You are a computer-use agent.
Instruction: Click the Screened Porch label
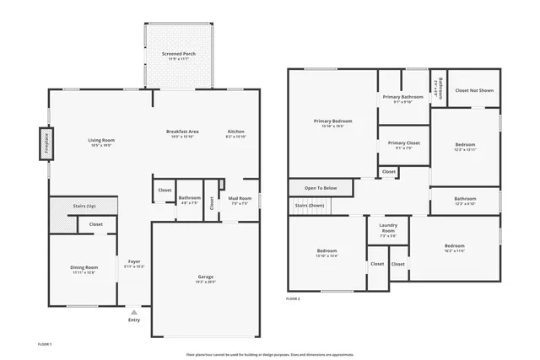pyautogui.click(x=179, y=54)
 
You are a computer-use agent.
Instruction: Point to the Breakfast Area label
pyautogui.click(x=182, y=132)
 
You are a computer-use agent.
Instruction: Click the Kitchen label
pyautogui.click(x=236, y=132)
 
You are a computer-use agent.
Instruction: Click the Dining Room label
pyautogui.click(x=84, y=268)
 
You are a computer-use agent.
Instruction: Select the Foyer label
pyautogui.click(x=134, y=261)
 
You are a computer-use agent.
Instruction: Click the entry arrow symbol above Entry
pyautogui.click(x=134, y=312)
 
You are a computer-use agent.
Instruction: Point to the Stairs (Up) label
pyautogui.click(x=84, y=205)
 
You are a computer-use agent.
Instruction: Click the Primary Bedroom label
pyautogui.click(x=332, y=121)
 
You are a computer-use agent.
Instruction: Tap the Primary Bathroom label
pyautogui.click(x=402, y=97)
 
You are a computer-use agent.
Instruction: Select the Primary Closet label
pyautogui.click(x=403, y=143)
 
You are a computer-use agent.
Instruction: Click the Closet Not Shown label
pyautogui.click(x=474, y=90)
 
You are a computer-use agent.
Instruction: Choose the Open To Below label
pyautogui.click(x=321, y=187)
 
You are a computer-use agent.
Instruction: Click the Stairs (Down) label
pyautogui.click(x=309, y=205)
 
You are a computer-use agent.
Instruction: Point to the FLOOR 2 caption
pyautogui.click(x=293, y=298)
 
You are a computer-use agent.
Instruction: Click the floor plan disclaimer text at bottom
pyautogui.click(x=270, y=354)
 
